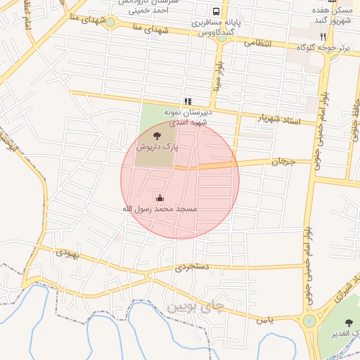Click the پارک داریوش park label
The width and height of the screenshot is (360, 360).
click(157, 148)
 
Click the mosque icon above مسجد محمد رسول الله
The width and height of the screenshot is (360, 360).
click(160, 199)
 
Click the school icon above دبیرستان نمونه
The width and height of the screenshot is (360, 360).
click(187, 102)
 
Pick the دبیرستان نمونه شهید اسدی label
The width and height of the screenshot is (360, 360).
click(187, 117)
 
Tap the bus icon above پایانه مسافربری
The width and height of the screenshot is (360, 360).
click(217, 12)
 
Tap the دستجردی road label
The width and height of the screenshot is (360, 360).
click(192, 268)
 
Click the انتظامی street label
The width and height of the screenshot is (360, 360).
click(257, 43)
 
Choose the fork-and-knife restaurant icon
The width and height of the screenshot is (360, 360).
click(323, 37)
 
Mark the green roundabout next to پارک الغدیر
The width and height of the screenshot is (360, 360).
click(309, 321)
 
